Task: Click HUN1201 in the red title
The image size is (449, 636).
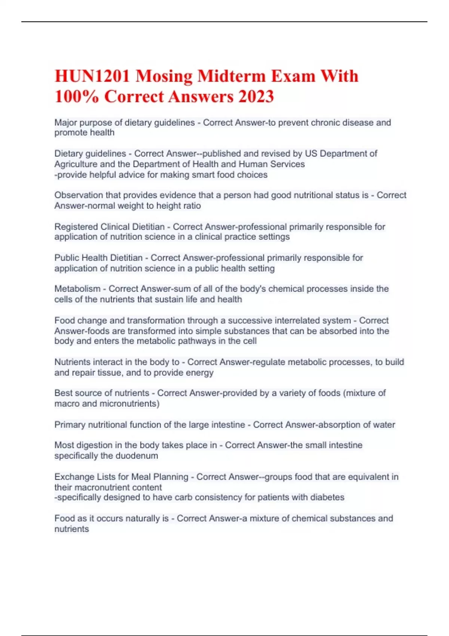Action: point(92,76)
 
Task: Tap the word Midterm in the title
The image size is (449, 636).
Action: point(231,76)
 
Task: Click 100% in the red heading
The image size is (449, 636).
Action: point(77,97)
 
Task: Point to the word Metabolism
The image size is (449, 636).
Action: point(77,289)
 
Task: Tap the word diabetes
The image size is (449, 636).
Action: point(327,497)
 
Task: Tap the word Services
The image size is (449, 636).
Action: point(287,164)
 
